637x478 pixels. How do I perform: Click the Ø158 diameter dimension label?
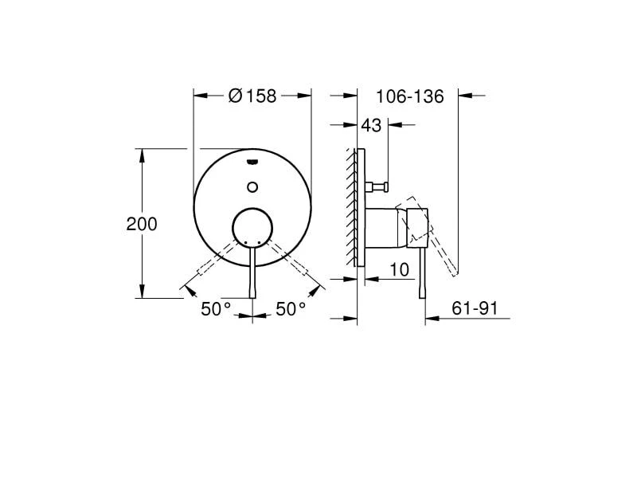pos(252,96)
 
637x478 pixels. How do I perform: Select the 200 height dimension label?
pos(142,225)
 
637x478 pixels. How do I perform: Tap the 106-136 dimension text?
pos(409,96)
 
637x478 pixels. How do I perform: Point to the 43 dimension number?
pos(371,125)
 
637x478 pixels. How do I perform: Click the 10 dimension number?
pos(400,269)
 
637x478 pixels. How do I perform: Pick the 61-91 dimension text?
pos(475,308)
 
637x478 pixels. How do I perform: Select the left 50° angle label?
pos(216,309)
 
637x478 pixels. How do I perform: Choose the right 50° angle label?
pos(291,309)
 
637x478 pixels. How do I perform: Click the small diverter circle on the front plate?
pos(252,187)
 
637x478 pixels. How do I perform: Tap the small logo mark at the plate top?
pos(252,163)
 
